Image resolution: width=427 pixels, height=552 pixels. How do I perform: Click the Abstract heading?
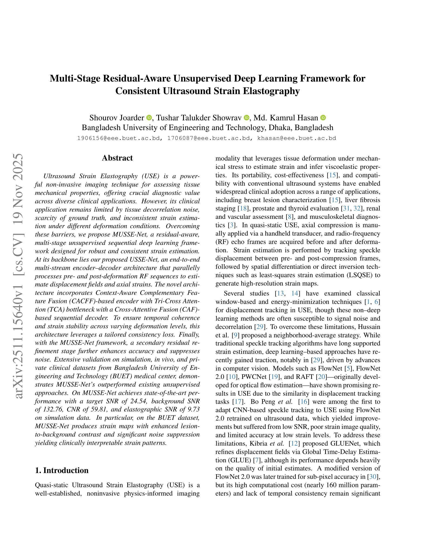(117, 158)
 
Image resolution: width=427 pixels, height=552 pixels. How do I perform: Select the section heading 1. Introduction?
(62, 470)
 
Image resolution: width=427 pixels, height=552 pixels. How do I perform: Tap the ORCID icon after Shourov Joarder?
(149, 118)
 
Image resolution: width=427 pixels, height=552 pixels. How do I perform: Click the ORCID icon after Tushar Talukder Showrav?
(246, 118)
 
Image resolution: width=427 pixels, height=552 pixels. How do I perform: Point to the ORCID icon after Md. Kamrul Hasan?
(323, 118)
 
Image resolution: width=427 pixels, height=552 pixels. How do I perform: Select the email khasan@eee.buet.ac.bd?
(297, 138)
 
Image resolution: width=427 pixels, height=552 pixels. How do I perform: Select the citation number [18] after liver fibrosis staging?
(243, 209)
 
